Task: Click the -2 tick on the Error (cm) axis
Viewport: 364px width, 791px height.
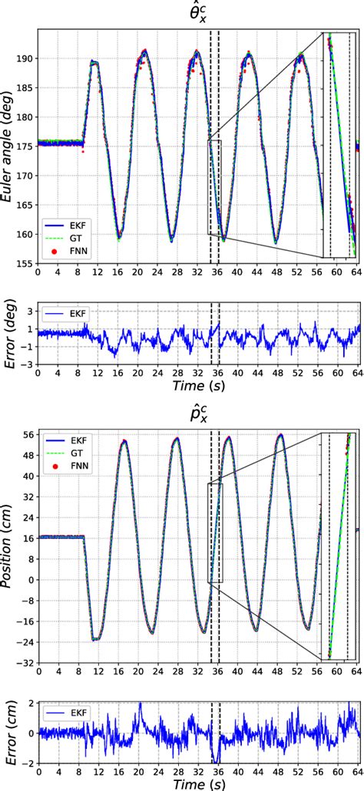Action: click(29, 764)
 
